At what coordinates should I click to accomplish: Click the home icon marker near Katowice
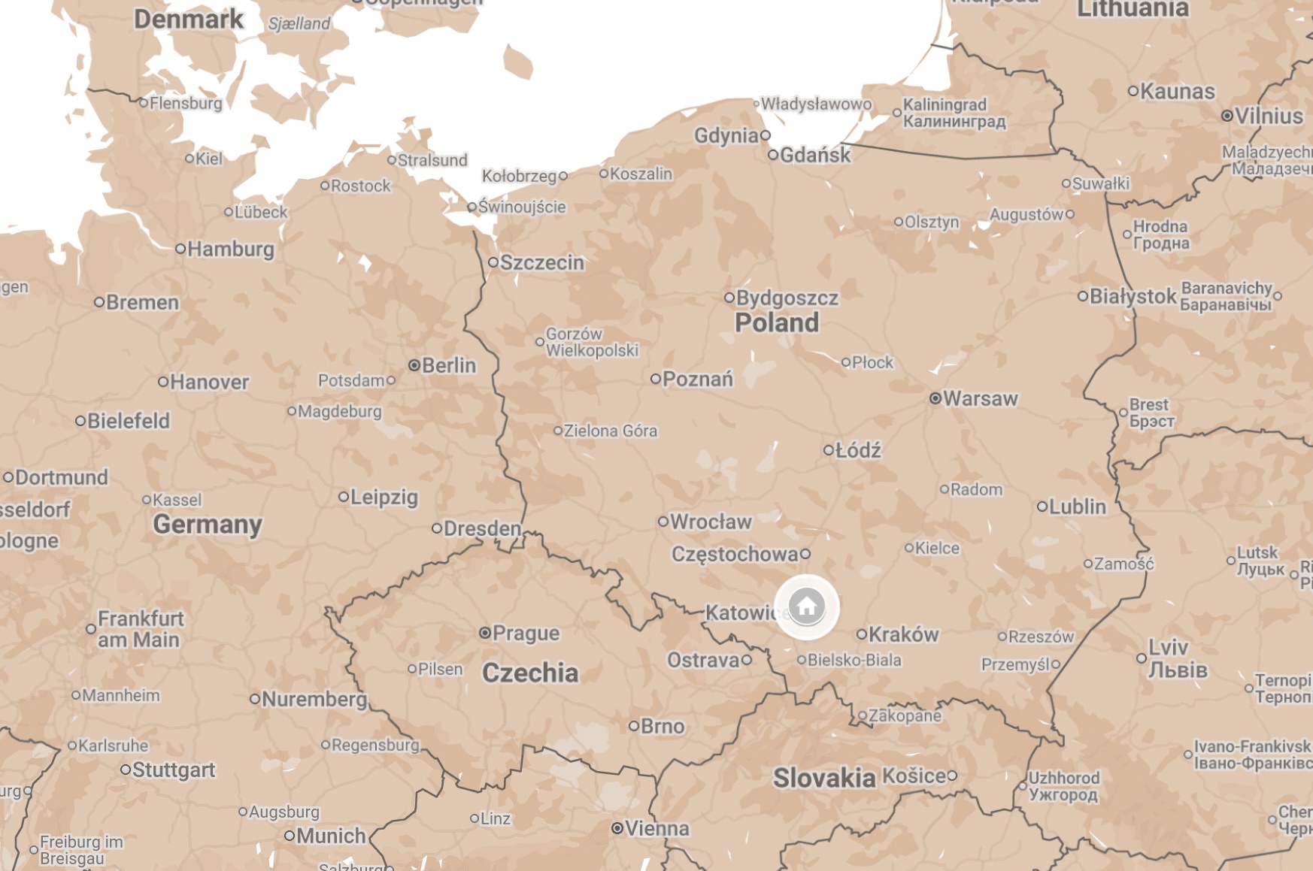point(807,606)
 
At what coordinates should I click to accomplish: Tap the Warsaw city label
point(980,398)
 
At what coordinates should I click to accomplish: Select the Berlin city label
point(449,365)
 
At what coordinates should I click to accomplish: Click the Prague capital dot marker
point(485,633)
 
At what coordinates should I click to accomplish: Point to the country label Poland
point(776,322)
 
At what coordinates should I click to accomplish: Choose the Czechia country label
point(530,673)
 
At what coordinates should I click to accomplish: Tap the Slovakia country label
point(824,778)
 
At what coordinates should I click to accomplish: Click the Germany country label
point(208,524)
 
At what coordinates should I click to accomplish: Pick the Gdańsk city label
point(815,155)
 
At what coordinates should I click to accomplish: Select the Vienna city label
point(656,828)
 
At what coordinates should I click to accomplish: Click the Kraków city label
point(903,634)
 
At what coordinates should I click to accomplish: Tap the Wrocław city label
point(711,522)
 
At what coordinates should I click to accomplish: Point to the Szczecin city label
point(541,262)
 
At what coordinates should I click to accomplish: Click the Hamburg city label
point(230,249)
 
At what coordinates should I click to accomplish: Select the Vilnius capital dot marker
point(1227,116)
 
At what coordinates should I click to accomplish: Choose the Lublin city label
point(1077,507)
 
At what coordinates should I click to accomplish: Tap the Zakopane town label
point(905,715)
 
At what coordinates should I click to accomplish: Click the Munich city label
point(331,836)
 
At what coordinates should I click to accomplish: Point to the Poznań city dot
point(656,379)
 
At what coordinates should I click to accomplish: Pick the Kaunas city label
point(1177,92)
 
